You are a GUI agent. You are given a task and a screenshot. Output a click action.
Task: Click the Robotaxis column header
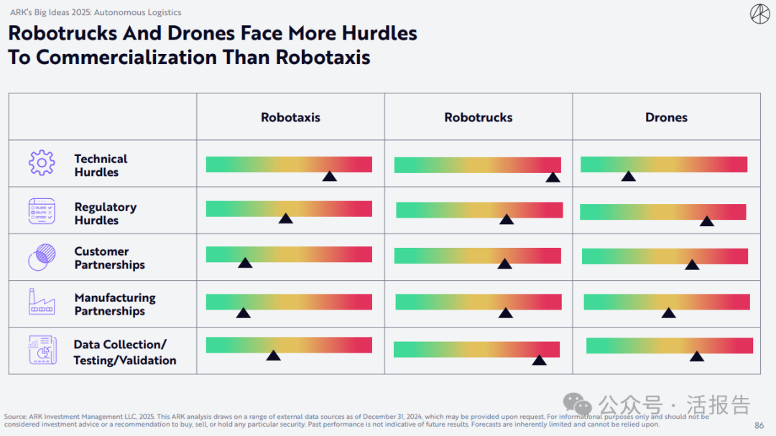tap(290, 117)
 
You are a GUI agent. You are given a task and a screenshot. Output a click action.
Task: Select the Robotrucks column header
tap(479, 117)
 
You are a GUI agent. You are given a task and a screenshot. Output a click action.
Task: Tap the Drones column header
tap(666, 117)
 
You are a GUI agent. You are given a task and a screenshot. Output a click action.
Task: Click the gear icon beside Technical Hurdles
tap(42, 164)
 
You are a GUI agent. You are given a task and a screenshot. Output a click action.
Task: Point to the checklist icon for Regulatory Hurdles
tap(42, 210)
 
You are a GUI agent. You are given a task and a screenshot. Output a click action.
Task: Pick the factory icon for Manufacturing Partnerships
tap(42, 302)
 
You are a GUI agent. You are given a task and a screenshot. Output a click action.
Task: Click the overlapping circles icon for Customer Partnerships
tap(42, 257)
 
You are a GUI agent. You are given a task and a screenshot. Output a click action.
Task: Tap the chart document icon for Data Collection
tap(42, 350)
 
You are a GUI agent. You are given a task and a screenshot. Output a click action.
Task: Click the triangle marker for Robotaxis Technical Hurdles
tap(329, 176)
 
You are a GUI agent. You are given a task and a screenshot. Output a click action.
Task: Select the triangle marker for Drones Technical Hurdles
tap(628, 176)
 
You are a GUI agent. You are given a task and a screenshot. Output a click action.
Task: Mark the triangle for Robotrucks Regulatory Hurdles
tap(507, 219)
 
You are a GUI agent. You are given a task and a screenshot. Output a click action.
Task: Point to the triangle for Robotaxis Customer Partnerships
tap(245, 263)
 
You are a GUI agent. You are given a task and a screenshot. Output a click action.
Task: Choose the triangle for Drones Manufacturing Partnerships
tap(669, 312)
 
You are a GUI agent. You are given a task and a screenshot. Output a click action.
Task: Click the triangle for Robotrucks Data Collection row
tap(539, 360)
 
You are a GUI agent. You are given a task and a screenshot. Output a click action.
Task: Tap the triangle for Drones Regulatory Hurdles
tap(707, 221)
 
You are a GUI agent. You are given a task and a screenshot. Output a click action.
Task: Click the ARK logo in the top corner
tap(759, 14)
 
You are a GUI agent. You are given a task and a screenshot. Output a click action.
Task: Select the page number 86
tap(759, 425)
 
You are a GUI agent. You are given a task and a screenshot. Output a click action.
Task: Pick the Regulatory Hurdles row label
tap(106, 213)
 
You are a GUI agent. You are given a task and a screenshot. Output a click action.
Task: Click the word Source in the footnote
tap(15, 417)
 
